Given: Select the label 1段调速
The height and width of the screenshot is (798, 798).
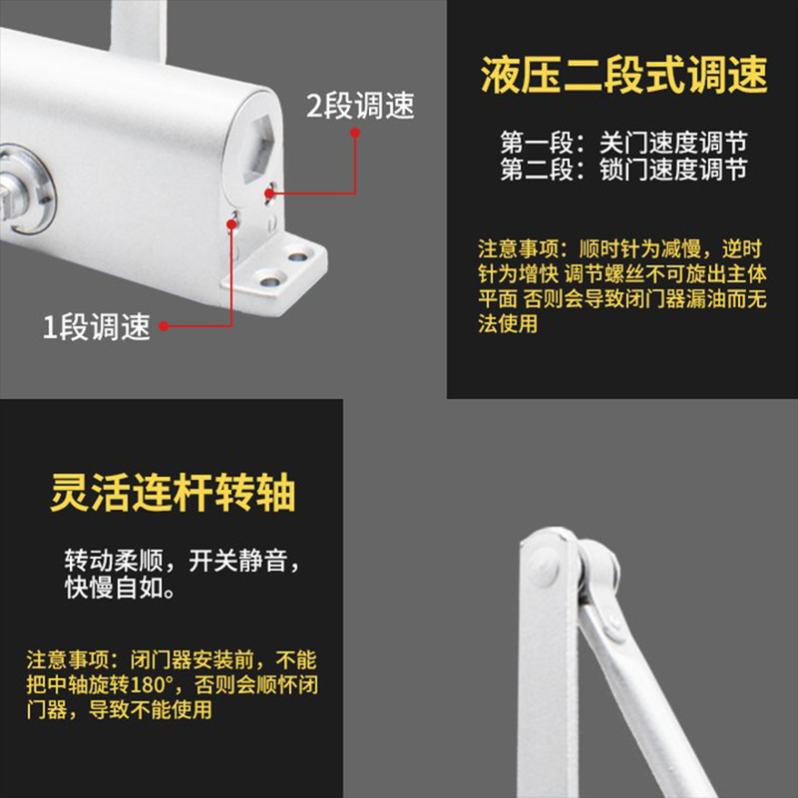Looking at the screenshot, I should coord(96,326).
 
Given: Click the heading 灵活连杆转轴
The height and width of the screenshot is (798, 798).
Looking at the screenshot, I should coord(173,495).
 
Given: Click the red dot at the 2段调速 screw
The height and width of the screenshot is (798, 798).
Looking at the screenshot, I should coord(269,193).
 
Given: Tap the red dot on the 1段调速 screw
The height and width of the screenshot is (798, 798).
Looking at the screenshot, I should coord(232,224).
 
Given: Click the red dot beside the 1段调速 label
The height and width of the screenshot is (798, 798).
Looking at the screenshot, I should coord(163,324).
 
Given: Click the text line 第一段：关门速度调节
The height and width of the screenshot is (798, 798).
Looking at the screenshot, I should coord(623,142).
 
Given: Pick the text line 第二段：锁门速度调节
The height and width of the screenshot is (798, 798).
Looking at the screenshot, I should coord(623,171).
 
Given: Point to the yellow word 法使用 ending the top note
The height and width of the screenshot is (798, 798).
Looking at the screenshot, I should coord(508,323).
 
